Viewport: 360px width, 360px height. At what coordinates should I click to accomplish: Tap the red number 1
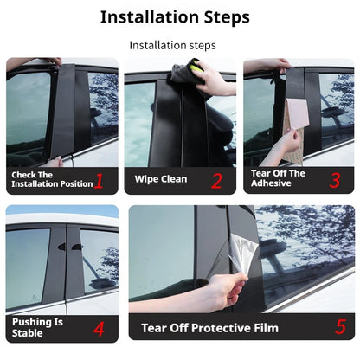(99, 181)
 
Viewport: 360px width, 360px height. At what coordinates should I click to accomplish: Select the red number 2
(216, 181)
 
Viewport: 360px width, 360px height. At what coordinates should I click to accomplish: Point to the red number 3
(334, 180)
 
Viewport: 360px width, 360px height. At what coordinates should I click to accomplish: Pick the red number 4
(99, 329)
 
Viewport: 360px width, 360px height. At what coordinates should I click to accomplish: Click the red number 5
(340, 328)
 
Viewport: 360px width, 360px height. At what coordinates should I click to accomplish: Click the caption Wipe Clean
(160, 180)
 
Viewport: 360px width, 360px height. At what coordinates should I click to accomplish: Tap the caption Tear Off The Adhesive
(279, 178)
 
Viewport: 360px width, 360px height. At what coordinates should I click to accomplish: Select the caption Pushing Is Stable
(39, 327)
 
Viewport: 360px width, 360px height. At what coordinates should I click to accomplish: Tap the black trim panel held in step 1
(63, 108)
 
